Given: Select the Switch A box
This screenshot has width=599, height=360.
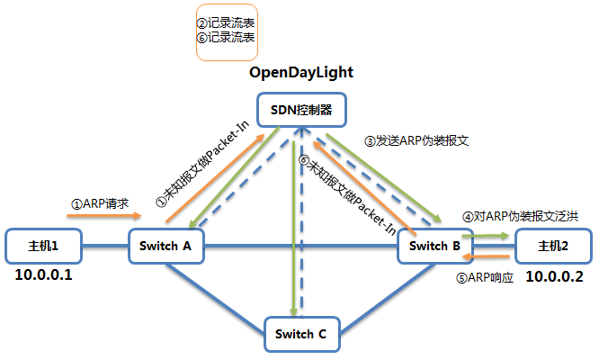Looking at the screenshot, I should click(165, 246).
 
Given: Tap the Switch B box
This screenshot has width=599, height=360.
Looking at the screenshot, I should click(434, 246).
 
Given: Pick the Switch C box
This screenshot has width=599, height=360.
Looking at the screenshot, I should click(301, 334).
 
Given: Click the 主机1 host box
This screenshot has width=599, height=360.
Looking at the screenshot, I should click(43, 246).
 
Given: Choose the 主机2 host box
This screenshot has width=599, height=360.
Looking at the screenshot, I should click(553, 246).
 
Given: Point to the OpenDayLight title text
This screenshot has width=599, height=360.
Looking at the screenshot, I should click(301, 72).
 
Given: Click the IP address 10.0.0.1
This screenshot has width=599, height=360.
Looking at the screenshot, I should click(43, 274).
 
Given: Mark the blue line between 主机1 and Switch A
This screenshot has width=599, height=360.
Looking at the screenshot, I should click(104, 246).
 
